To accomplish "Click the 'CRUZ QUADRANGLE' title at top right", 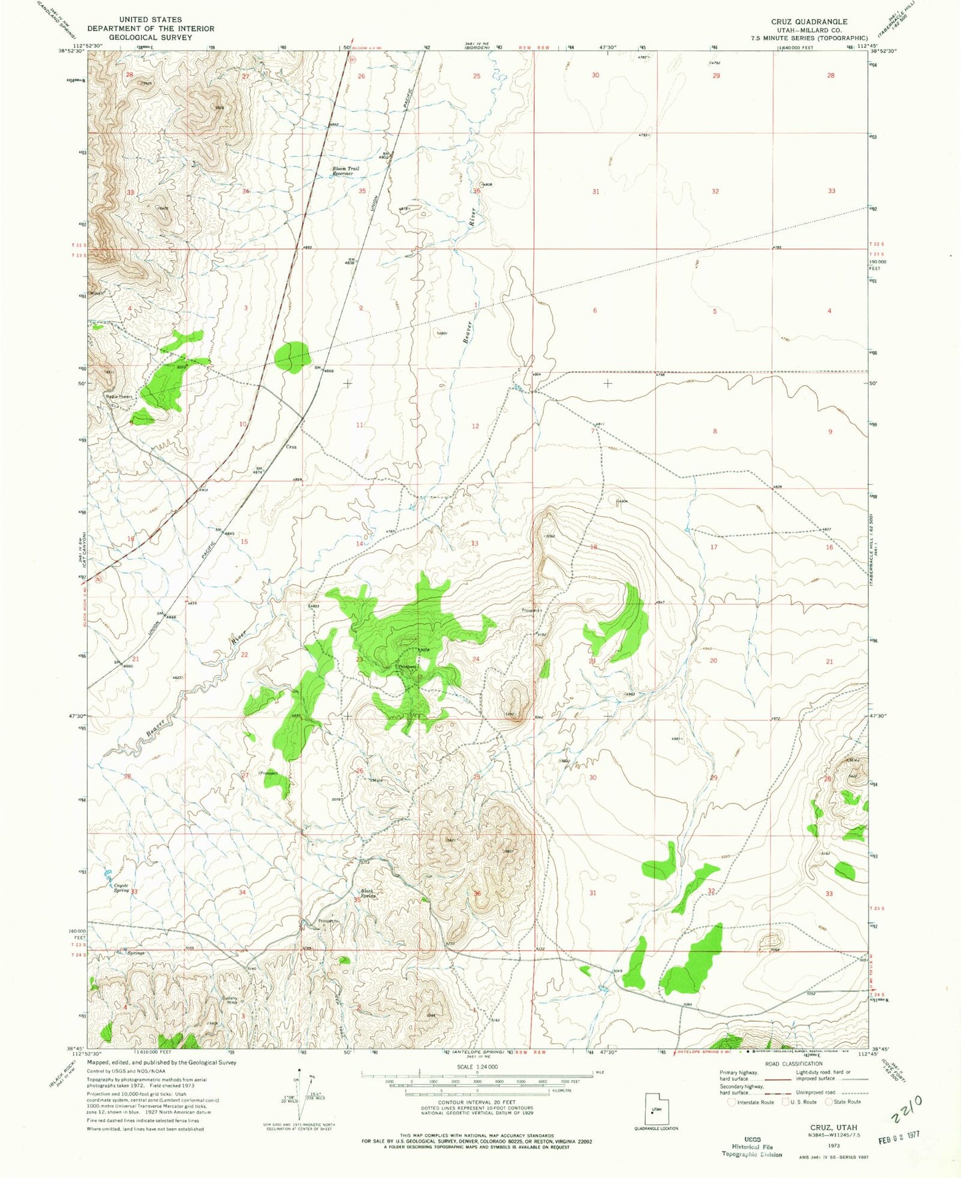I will pyautogui.click(x=809, y=21).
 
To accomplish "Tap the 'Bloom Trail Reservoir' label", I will pyautogui.click(x=346, y=171).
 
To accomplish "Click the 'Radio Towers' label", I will pyautogui.click(x=120, y=396).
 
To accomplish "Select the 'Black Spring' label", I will pyautogui.click(x=368, y=893).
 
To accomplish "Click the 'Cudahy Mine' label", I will pyautogui.click(x=231, y=1000).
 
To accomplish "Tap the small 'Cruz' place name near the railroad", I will pyautogui.click(x=291, y=447).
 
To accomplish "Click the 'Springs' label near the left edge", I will pyautogui.click(x=136, y=953).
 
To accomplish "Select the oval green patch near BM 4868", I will pyautogui.click(x=293, y=357).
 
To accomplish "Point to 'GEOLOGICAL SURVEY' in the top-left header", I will pyautogui.click(x=150, y=37).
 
